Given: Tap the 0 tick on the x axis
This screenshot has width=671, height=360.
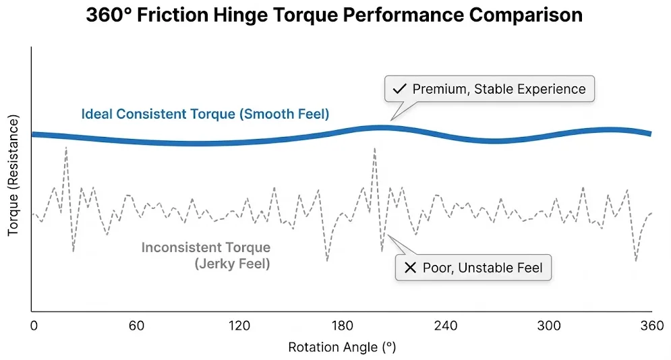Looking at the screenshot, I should point(34,326).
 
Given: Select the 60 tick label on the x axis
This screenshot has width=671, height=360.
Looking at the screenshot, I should point(136,326).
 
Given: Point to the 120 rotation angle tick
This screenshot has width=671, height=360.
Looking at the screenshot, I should point(239,326).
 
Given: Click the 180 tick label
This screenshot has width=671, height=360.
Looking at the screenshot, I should point(343,326).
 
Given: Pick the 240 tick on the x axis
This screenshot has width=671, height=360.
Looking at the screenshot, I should point(446,326).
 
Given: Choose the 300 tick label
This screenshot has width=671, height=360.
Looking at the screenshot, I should point(549,326).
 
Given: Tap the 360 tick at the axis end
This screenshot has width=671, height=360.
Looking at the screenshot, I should point(651,326).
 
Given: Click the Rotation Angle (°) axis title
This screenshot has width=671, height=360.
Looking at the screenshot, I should point(342,348).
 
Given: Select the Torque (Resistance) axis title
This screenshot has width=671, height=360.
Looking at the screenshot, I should point(13,175).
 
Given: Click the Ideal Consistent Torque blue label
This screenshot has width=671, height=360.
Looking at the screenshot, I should point(205,114).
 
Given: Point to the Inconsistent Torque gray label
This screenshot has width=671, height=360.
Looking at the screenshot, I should point(206,248).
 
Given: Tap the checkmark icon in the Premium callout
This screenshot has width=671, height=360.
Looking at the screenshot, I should point(399,89).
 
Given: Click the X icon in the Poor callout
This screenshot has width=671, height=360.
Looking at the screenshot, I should point(409,268).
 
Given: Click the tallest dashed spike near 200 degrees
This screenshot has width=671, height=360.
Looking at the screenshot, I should point(374,148).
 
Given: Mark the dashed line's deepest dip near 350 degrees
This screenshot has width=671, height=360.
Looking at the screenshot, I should point(635,260).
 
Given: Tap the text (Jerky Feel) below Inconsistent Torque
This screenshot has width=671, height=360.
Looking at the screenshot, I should point(232,264).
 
